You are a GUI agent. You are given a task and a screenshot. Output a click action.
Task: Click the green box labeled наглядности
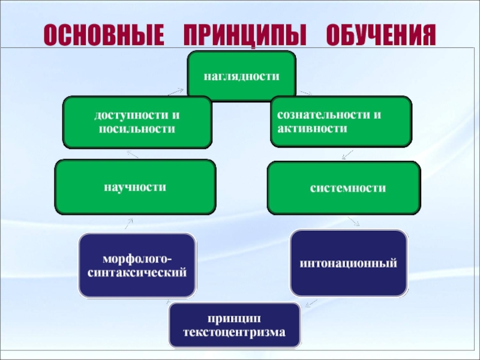[x=242, y=75]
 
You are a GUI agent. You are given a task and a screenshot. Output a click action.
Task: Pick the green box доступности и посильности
[x=137, y=122]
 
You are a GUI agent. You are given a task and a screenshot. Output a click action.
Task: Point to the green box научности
[x=135, y=187]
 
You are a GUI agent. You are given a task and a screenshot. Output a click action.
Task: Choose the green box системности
[x=344, y=188]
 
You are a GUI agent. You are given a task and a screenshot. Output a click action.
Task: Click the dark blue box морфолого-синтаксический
[x=137, y=265]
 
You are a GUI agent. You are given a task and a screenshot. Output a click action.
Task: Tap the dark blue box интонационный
[x=349, y=263]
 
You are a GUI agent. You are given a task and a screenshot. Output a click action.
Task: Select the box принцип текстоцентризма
[x=235, y=325]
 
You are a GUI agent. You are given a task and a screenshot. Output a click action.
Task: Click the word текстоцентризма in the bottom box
[x=235, y=332]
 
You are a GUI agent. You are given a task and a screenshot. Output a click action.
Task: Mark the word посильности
[x=137, y=128]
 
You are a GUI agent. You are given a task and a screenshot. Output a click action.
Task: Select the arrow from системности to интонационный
[x=353, y=221]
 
